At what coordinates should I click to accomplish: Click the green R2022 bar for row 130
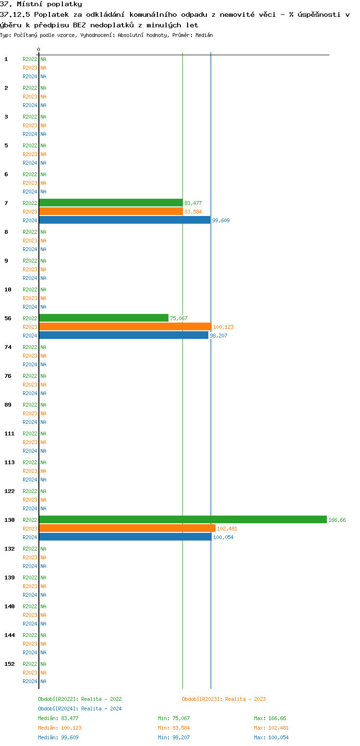pos(182,519)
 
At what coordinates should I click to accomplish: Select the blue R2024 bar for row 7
pos(125,220)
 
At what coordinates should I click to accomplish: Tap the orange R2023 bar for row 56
pos(125,326)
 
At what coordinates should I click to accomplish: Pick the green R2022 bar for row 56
pos(104,318)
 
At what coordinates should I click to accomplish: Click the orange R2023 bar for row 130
pos(127,528)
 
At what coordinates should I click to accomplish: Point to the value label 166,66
pos(337,520)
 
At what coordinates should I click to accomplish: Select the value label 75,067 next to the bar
pos(179,318)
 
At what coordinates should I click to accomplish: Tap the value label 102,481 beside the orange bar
pos(227,529)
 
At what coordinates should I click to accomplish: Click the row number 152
pos(10,664)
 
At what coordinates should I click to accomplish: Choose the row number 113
pos(10,462)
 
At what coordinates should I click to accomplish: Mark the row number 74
pos(8,347)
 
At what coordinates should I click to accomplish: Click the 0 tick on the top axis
pos(39,49)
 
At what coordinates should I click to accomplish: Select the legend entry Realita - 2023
pos(224,699)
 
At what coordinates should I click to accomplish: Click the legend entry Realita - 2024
pos(80,709)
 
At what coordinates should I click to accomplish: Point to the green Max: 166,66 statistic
pos(270,718)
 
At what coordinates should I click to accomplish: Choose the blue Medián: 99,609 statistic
pos(58,737)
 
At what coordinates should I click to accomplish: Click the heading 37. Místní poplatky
pos(41,4)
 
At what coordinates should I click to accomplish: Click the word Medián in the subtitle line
pos(204,35)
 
